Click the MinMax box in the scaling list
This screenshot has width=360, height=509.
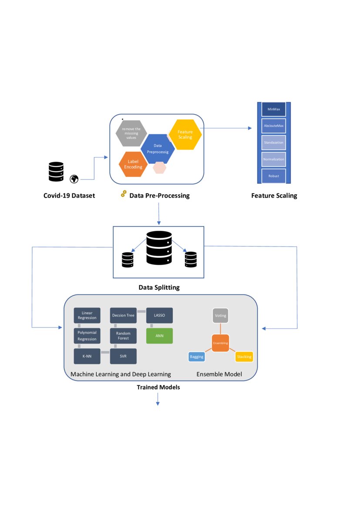coord(273,109)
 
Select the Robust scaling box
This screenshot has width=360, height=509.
coord(273,176)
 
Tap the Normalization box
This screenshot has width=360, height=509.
coord(273,159)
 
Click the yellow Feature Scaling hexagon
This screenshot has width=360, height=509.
coord(185,134)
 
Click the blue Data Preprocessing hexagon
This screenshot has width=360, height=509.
coord(158,148)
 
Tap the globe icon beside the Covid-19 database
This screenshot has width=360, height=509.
coord(74,179)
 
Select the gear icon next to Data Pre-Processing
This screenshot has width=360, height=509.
coord(124,194)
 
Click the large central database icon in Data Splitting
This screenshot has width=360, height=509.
coord(159,248)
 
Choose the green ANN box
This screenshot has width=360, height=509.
coord(159,336)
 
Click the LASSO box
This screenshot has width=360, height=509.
coord(159,315)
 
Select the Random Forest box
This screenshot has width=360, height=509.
coord(123,336)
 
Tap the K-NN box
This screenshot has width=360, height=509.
coord(87,356)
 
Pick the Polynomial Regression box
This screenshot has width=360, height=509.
coord(87,336)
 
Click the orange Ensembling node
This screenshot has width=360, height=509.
coord(221,343)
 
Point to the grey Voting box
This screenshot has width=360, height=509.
coord(221,315)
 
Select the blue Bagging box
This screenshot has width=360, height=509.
coord(196,357)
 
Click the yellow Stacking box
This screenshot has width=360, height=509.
coord(244,357)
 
